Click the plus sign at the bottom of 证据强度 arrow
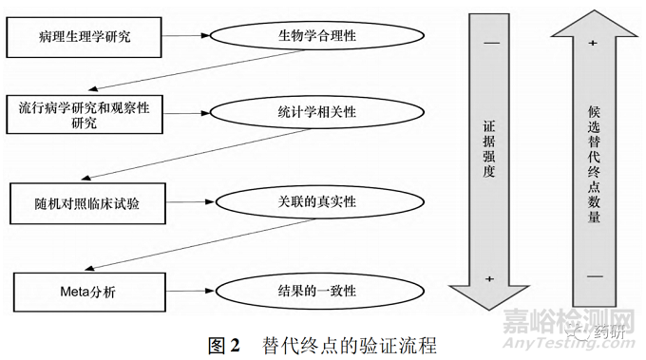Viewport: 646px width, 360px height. click(x=490, y=277)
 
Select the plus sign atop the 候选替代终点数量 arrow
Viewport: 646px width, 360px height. click(x=593, y=43)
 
